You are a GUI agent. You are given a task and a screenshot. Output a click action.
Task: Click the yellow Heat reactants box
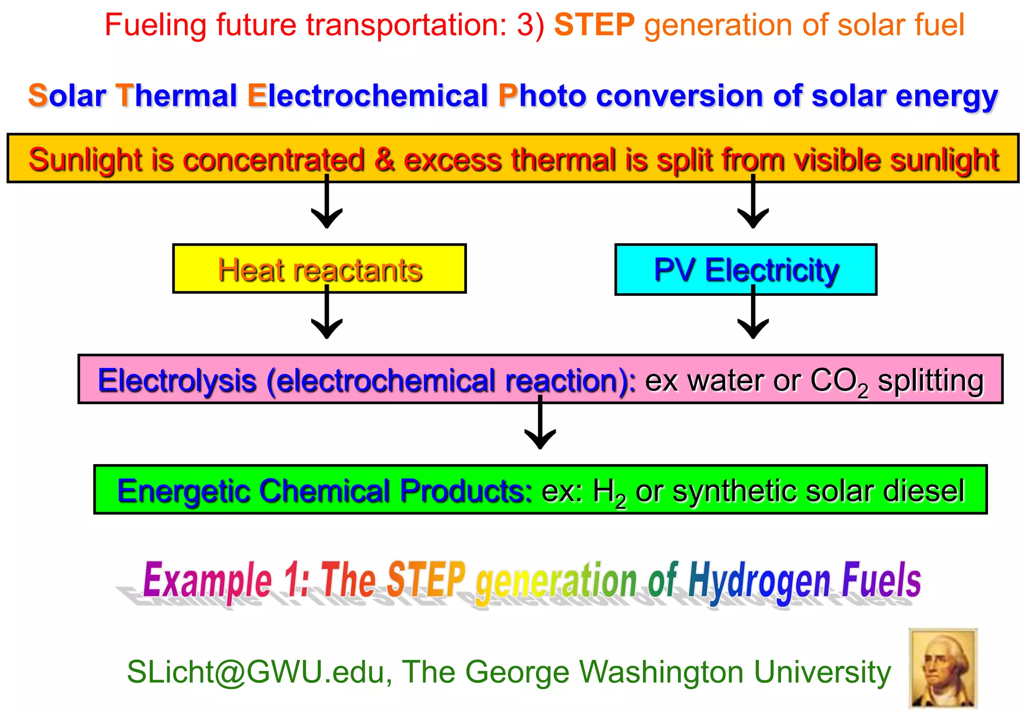tap(319, 269)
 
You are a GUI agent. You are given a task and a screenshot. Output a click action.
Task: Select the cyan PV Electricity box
tap(745, 269)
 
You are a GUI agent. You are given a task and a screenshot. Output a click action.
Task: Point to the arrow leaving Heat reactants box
tap(327, 315)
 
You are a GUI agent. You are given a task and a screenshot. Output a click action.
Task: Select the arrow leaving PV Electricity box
tap(753, 315)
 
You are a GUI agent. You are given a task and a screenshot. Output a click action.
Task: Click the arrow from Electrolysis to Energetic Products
tap(540, 426)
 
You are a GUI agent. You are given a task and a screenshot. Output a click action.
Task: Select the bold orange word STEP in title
tap(594, 25)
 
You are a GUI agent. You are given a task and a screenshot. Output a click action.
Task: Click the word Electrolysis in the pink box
tap(177, 381)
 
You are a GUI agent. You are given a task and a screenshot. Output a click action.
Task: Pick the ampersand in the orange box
tap(384, 160)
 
